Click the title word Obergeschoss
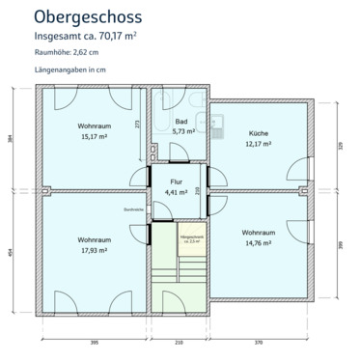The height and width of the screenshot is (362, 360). (87, 16)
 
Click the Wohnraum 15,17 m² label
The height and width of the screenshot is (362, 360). (93, 131)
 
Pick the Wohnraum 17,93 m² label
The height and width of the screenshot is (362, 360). (93, 243)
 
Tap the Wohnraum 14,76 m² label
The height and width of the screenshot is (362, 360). (261, 238)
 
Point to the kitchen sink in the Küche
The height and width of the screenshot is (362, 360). (219, 121)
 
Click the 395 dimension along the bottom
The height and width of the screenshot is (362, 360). (95, 343)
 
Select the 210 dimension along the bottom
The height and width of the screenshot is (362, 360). (178, 343)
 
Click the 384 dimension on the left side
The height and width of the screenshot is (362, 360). (12, 137)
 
